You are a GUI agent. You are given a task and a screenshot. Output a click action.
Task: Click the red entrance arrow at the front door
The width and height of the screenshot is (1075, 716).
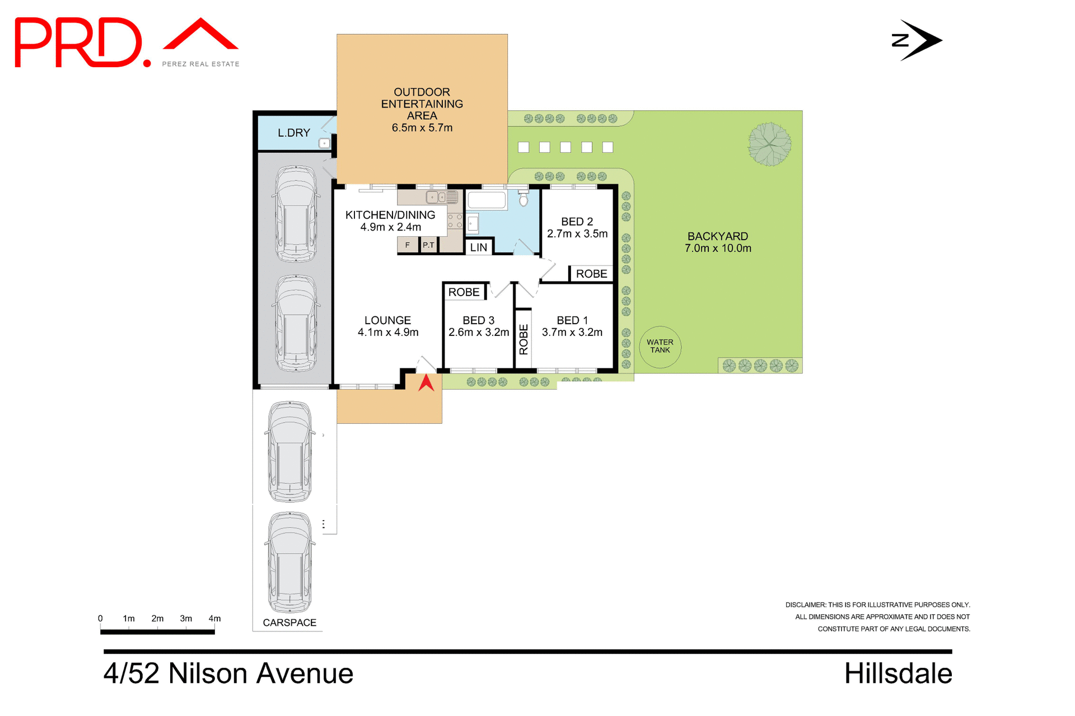[426, 383]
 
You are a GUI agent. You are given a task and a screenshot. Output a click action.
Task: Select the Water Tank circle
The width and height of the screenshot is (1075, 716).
[660, 347]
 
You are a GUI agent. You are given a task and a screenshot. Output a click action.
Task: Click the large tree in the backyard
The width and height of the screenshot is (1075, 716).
[770, 144]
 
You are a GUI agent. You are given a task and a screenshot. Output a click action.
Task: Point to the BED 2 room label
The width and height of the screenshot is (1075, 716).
[577, 222]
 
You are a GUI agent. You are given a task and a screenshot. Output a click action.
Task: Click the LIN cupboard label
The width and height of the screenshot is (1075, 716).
[478, 247]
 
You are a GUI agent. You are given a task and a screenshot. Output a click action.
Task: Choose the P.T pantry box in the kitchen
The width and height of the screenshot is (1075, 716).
[428, 245]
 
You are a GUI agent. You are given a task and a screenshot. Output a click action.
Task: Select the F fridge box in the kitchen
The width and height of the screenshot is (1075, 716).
[408, 245]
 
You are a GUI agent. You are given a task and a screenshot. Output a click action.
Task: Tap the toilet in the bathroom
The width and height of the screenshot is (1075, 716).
[524, 199]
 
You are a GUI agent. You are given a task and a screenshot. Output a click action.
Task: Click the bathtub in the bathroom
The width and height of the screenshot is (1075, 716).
[487, 200]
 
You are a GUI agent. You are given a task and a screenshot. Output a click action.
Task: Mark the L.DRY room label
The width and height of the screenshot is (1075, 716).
[294, 133]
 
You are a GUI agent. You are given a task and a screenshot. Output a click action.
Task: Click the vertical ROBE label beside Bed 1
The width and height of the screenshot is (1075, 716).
[524, 339]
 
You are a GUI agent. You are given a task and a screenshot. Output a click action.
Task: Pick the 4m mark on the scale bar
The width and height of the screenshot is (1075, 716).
[214, 619]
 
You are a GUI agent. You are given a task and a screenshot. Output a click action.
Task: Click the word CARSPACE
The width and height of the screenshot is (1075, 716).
[289, 623]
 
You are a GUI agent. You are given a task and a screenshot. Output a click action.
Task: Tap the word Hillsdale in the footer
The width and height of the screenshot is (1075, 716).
[898, 673]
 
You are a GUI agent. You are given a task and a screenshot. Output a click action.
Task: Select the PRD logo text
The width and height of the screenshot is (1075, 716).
[78, 43]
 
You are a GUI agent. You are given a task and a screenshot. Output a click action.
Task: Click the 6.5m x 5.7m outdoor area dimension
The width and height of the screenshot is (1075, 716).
[422, 128]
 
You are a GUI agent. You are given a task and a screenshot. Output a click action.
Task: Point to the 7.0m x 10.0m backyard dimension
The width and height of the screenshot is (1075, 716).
[718, 249]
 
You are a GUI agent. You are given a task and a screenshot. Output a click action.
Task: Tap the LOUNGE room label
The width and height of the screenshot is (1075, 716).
[387, 320]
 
